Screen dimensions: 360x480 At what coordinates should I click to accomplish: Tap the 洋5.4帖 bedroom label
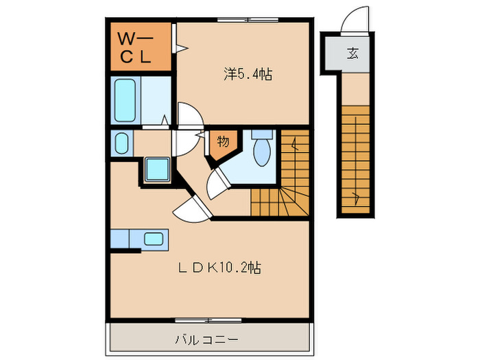(x=247, y=74)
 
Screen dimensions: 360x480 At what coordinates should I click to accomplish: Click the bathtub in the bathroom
(x=126, y=101)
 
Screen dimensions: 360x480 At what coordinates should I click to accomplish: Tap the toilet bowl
(x=261, y=152)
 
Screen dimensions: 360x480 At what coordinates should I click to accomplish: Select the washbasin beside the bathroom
(x=121, y=144)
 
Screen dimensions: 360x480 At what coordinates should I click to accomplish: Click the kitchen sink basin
(x=154, y=239)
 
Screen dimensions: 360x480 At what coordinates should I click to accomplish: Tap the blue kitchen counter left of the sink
(x=119, y=239)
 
